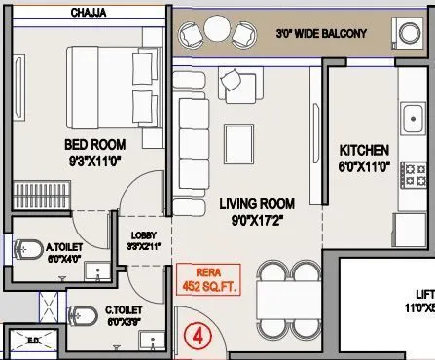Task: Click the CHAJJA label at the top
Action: point(90,14)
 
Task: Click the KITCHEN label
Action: point(364,151)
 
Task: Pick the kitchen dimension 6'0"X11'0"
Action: point(364,166)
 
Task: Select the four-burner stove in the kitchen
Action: point(416,175)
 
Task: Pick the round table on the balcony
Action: point(214,32)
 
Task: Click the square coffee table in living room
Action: point(236,135)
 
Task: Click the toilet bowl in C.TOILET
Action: point(80,314)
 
